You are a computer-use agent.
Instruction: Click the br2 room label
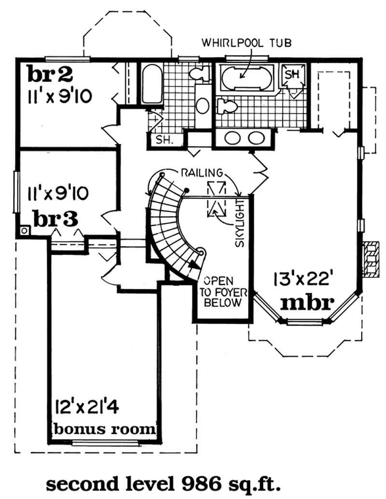[x=50, y=74]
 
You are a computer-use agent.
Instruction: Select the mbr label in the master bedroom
[x=307, y=302]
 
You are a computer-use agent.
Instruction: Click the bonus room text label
[x=104, y=428]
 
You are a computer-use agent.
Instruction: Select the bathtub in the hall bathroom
[x=152, y=84]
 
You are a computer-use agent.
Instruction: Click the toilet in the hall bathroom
[x=199, y=73]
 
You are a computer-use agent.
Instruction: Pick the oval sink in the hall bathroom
[x=203, y=104]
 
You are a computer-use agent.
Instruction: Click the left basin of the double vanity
[x=234, y=138]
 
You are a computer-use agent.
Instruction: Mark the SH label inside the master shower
[x=291, y=74]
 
